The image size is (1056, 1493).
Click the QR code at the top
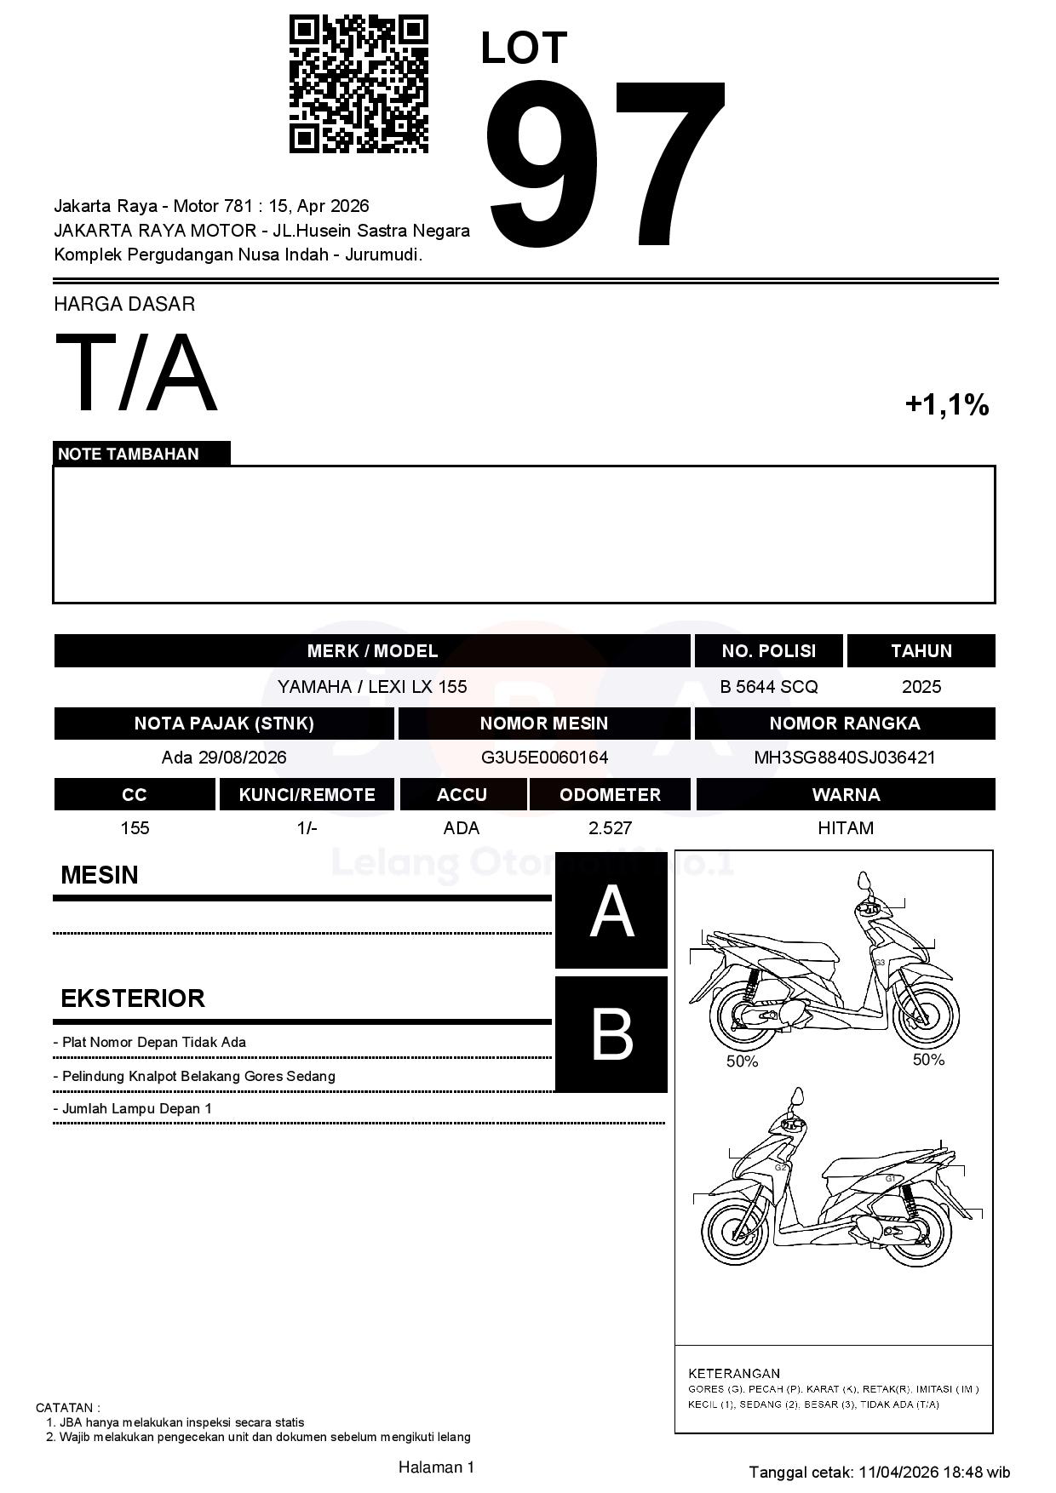(359, 83)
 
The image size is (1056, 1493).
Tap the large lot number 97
(605, 163)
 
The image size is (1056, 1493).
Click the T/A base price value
(136, 373)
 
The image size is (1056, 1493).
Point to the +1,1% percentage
(946, 404)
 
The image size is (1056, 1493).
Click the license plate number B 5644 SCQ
(768, 687)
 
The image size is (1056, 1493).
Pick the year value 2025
(921, 687)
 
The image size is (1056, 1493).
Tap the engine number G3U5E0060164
(544, 758)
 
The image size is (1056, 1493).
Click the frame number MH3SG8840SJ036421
(844, 758)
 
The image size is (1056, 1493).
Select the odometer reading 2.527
(610, 828)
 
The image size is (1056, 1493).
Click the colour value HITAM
(845, 828)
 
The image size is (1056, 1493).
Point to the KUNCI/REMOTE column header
(307, 795)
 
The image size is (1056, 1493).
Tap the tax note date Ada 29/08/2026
(224, 758)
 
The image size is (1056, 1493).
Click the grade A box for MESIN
(611, 912)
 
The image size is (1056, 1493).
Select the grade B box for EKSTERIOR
(611, 1034)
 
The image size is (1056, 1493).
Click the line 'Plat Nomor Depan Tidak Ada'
(153, 1043)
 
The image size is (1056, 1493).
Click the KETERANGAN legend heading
(734, 1373)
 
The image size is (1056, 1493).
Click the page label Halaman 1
(436, 1467)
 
